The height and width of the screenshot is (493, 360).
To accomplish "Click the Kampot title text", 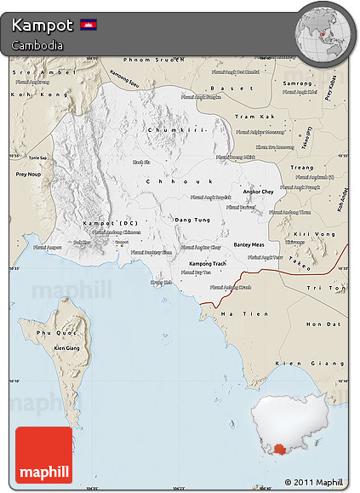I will tap(41, 25).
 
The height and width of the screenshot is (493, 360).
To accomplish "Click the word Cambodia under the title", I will tap(37, 45).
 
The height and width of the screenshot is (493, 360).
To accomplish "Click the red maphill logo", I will tap(43, 456).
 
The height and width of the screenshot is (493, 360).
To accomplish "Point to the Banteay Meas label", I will tap(249, 244).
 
